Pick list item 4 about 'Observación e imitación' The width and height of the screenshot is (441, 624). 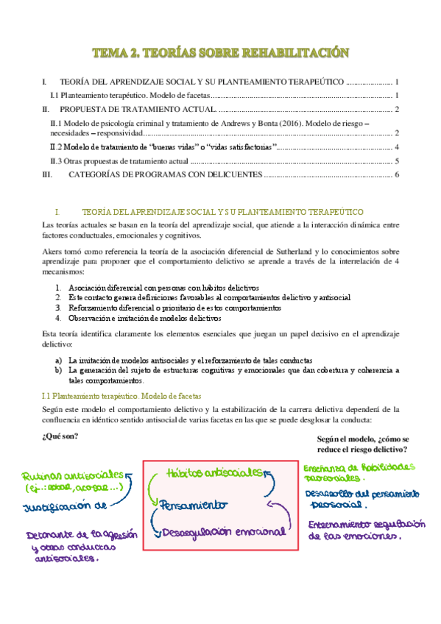(x=152, y=318)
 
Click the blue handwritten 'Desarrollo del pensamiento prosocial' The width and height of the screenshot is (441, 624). (x=364, y=498)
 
